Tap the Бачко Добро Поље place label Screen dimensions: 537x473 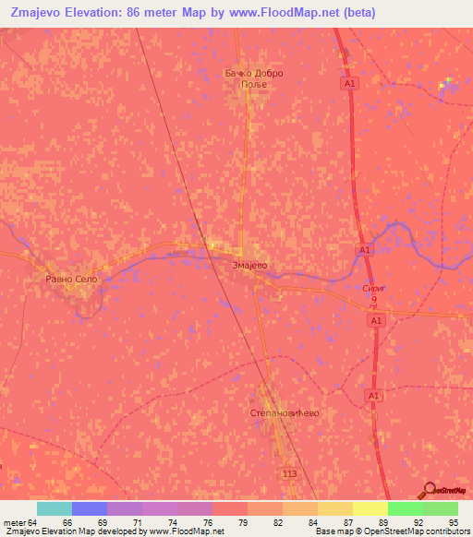253,78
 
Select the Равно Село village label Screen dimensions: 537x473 71,278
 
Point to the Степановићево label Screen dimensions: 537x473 285,413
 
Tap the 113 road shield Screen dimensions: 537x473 289,471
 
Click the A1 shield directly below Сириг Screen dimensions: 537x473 374,319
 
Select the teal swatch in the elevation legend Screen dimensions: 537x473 54,508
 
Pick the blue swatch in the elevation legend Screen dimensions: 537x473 89,508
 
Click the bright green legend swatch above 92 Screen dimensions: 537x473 405,508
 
